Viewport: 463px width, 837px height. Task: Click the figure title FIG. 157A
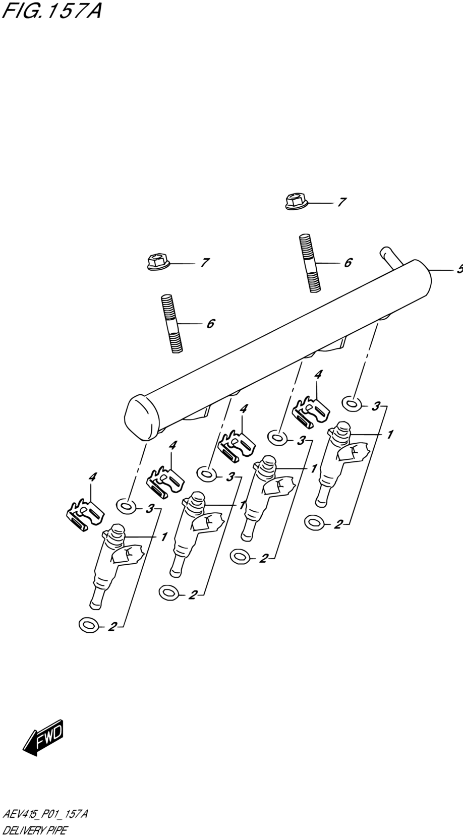[51, 12]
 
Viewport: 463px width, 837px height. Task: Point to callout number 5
[460, 269]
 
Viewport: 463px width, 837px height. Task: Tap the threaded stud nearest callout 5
[310, 263]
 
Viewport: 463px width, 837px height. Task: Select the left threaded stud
[171, 324]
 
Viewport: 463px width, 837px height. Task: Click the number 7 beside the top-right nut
[341, 202]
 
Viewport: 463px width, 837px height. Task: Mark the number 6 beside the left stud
[210, 323]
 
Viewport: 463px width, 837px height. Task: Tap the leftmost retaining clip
[85, 515]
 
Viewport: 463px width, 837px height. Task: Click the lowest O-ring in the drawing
[89, 624]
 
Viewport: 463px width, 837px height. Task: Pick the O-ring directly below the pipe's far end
[352, 404]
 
